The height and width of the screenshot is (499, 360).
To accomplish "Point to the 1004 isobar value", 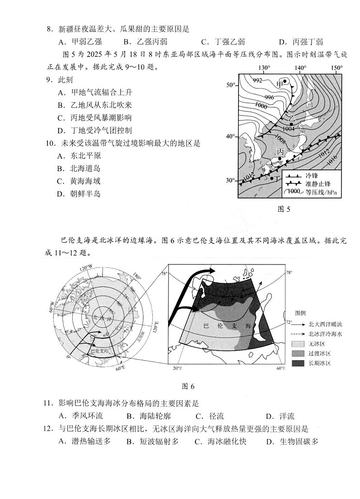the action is click(x=288, y=129).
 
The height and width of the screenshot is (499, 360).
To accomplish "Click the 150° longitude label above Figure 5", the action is click(x=336, y=68).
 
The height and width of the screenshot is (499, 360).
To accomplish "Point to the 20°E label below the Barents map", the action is click(x=177, y=368).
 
